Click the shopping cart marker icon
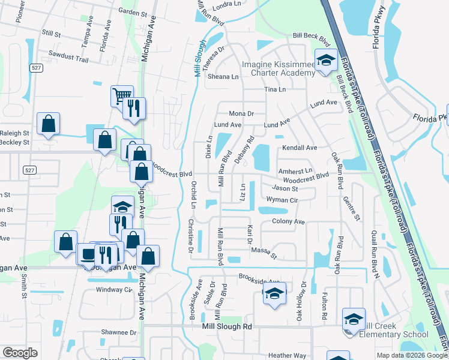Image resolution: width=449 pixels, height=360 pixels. [122, 95]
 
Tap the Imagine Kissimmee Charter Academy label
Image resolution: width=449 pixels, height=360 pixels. [278, 68]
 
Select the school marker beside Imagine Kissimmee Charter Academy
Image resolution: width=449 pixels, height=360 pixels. [326, 62]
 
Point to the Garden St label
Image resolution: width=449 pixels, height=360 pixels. [133, 12]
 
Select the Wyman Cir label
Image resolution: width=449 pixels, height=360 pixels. [282, 199]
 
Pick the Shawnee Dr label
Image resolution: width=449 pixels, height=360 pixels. [119, 332]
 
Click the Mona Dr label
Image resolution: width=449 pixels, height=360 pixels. [242, 113]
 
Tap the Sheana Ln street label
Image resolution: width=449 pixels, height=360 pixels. [223, 77]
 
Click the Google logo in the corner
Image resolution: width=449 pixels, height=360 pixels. [19, 353]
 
